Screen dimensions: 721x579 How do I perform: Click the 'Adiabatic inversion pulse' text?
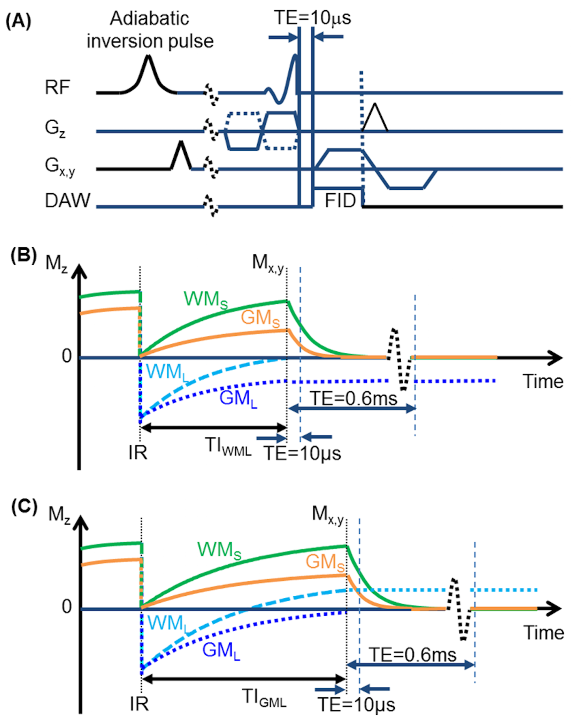point(150,30)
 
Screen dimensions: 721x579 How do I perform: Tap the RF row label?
point(57,88)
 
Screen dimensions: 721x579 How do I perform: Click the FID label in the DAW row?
point(340,201)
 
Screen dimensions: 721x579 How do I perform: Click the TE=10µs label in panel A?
point(312,18)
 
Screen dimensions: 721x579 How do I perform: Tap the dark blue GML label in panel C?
point(221,651)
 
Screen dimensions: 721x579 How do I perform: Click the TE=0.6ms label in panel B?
point(354,399)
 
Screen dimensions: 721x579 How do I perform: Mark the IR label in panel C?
point(139,703)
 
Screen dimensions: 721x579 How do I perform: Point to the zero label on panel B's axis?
point(67,356)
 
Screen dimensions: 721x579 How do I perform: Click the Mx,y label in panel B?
point(268,263)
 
